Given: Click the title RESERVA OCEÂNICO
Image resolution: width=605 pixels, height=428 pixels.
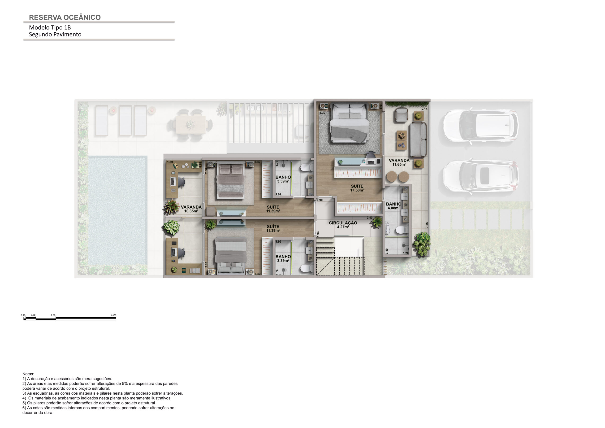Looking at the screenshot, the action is click(x=65, y=17).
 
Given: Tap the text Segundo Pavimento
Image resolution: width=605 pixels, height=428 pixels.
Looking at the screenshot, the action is click(x=55, y=34).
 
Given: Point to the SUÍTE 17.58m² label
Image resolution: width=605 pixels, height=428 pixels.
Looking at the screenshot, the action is click(x=357, y=188).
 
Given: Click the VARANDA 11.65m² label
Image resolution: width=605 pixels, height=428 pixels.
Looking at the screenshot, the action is click(x=399, y=162).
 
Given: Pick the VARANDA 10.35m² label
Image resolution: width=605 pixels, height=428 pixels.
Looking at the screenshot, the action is click(x=191, y=209).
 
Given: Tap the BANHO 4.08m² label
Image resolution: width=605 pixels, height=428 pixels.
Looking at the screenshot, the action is click(x=393, y=206).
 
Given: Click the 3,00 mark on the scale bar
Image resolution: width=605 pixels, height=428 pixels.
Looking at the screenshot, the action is click(x=113, y=315).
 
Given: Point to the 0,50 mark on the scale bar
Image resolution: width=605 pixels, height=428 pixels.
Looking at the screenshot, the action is click(x=33, y=315).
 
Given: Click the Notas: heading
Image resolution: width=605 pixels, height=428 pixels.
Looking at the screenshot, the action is click(x=28, y=374).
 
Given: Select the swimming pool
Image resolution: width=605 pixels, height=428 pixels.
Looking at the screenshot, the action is click(x=117, y=210).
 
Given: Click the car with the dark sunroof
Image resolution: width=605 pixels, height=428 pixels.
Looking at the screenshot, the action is click(x=481, y=176).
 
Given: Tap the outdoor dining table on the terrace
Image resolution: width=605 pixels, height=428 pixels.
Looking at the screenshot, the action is click(x=190, y=124).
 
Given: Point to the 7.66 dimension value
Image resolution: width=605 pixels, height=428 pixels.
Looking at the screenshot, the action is click(x=427, y=225).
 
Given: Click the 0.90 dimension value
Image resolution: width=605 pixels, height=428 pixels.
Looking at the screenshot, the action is click(x=320, y=200).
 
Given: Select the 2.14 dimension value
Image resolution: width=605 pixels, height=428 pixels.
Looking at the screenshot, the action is click(x=424, y=109).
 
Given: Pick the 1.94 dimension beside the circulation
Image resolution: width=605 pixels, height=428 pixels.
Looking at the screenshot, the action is click(x=318, y=234).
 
